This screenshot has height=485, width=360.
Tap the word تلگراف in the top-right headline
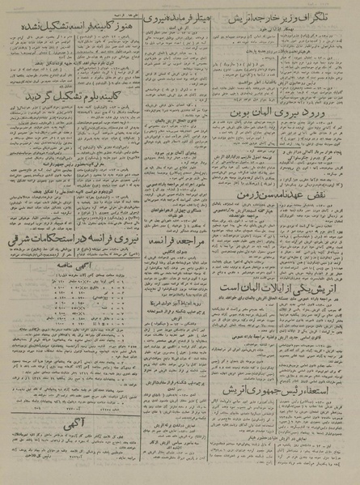tap(330, 14)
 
